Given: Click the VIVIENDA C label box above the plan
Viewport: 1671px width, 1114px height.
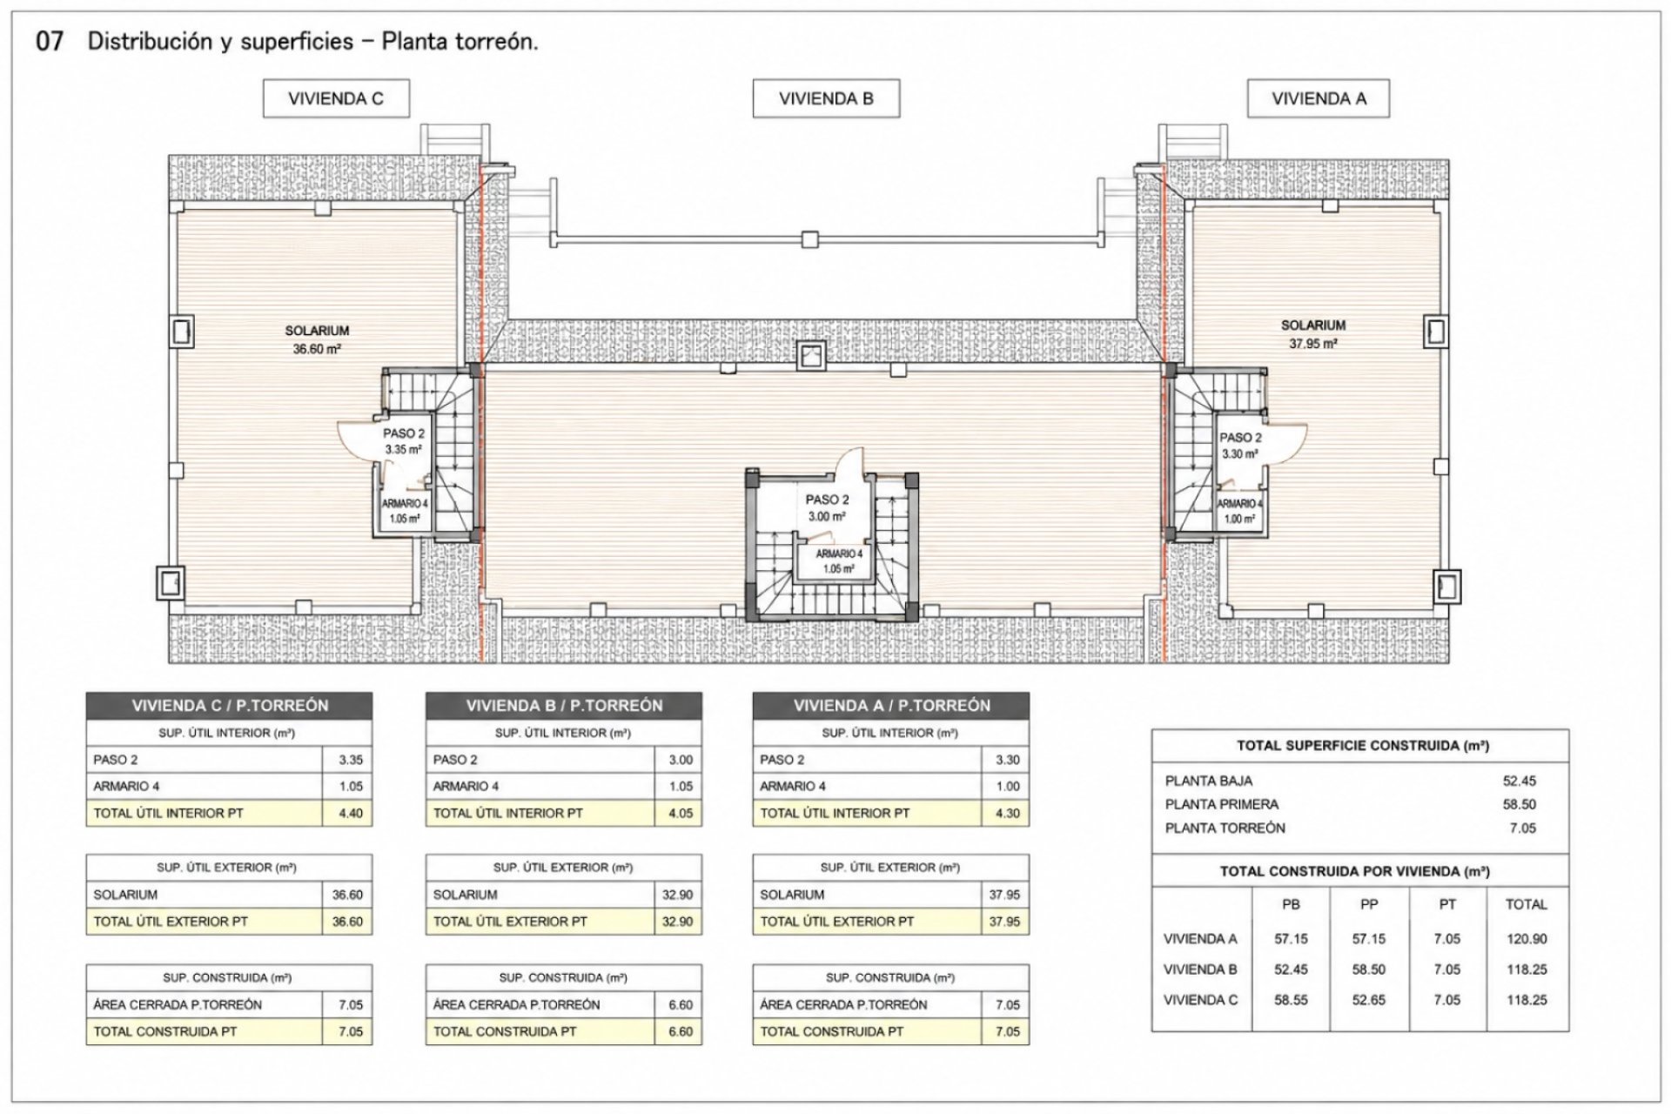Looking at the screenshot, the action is coord(336,98).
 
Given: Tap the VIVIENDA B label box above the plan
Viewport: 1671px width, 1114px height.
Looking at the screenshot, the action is coord(826,98).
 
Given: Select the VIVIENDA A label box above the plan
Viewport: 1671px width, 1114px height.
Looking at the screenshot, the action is coord(1319,98).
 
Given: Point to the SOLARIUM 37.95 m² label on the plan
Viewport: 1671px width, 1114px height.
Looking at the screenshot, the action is coord(1313,334).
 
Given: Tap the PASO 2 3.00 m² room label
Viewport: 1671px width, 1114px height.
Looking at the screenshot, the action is coord(827,508).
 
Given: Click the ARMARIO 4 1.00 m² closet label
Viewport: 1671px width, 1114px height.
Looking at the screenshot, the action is coord(1239,512).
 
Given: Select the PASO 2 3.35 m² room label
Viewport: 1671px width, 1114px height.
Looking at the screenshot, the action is coord(404,441).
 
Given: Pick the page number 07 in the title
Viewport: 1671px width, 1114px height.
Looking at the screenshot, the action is coord(49,42).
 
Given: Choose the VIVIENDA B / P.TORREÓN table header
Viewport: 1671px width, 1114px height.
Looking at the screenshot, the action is coord(564,706).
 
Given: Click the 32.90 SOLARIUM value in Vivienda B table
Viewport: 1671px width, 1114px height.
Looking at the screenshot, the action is coord(678,895).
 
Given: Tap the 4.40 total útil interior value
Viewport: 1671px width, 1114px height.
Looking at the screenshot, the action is coord(350,814).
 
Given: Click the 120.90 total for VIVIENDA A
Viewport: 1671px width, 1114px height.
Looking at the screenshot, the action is coord(1527,939).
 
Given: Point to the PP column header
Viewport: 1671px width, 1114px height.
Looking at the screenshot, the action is coord(1369,904).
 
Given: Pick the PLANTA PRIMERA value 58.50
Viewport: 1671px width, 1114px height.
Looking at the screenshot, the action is coord(1519,805).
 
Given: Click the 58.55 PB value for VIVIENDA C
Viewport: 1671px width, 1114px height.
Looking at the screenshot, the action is coord(1292,1000).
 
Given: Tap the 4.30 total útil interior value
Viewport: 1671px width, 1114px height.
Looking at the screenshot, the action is coord(1007,814).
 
